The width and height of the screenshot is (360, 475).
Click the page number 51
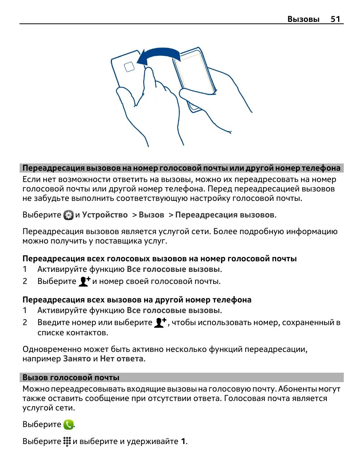[x=335, y=19]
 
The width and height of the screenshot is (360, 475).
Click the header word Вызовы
[x=303, y=19]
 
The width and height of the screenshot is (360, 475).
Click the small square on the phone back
[x=129, y=67]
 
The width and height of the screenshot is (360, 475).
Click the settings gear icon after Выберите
[x=68, y=215]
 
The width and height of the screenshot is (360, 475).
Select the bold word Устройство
[x=105, y=215]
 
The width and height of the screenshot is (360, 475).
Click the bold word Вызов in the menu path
[x=151, y=215]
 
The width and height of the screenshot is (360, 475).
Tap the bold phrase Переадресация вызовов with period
[x=225, y=215]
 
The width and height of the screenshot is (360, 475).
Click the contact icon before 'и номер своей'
[x=84, y=281]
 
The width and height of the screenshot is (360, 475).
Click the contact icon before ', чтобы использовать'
[x=160, y=322]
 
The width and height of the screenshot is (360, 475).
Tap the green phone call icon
[x=68, y=425]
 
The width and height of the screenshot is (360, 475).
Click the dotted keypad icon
[x=67, y=441]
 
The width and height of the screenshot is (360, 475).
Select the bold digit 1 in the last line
[x=183, y=441]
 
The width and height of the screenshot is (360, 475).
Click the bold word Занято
[x=77, y=359]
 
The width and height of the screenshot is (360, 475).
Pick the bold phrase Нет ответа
[x=122, y=359]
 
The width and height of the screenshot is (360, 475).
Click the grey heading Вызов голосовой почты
[x=71, y=378]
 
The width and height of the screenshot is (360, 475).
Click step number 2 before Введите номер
[x=25, y=322]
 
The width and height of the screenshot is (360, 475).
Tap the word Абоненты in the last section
[x=298, y=389]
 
